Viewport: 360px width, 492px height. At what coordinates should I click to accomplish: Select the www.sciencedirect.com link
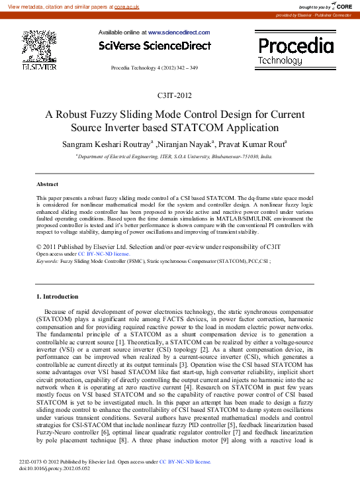(179, 32)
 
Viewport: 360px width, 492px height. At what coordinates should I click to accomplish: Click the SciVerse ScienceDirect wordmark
(154, 46)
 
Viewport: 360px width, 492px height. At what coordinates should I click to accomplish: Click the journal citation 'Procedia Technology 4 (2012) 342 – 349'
(154, 68)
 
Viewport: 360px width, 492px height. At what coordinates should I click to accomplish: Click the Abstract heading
(47, 183)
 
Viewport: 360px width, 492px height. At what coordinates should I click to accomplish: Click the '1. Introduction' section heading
(57, 296)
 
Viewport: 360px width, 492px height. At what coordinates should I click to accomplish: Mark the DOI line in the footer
(58, 467)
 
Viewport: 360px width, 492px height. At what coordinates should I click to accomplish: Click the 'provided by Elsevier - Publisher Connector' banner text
(313, 15)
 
